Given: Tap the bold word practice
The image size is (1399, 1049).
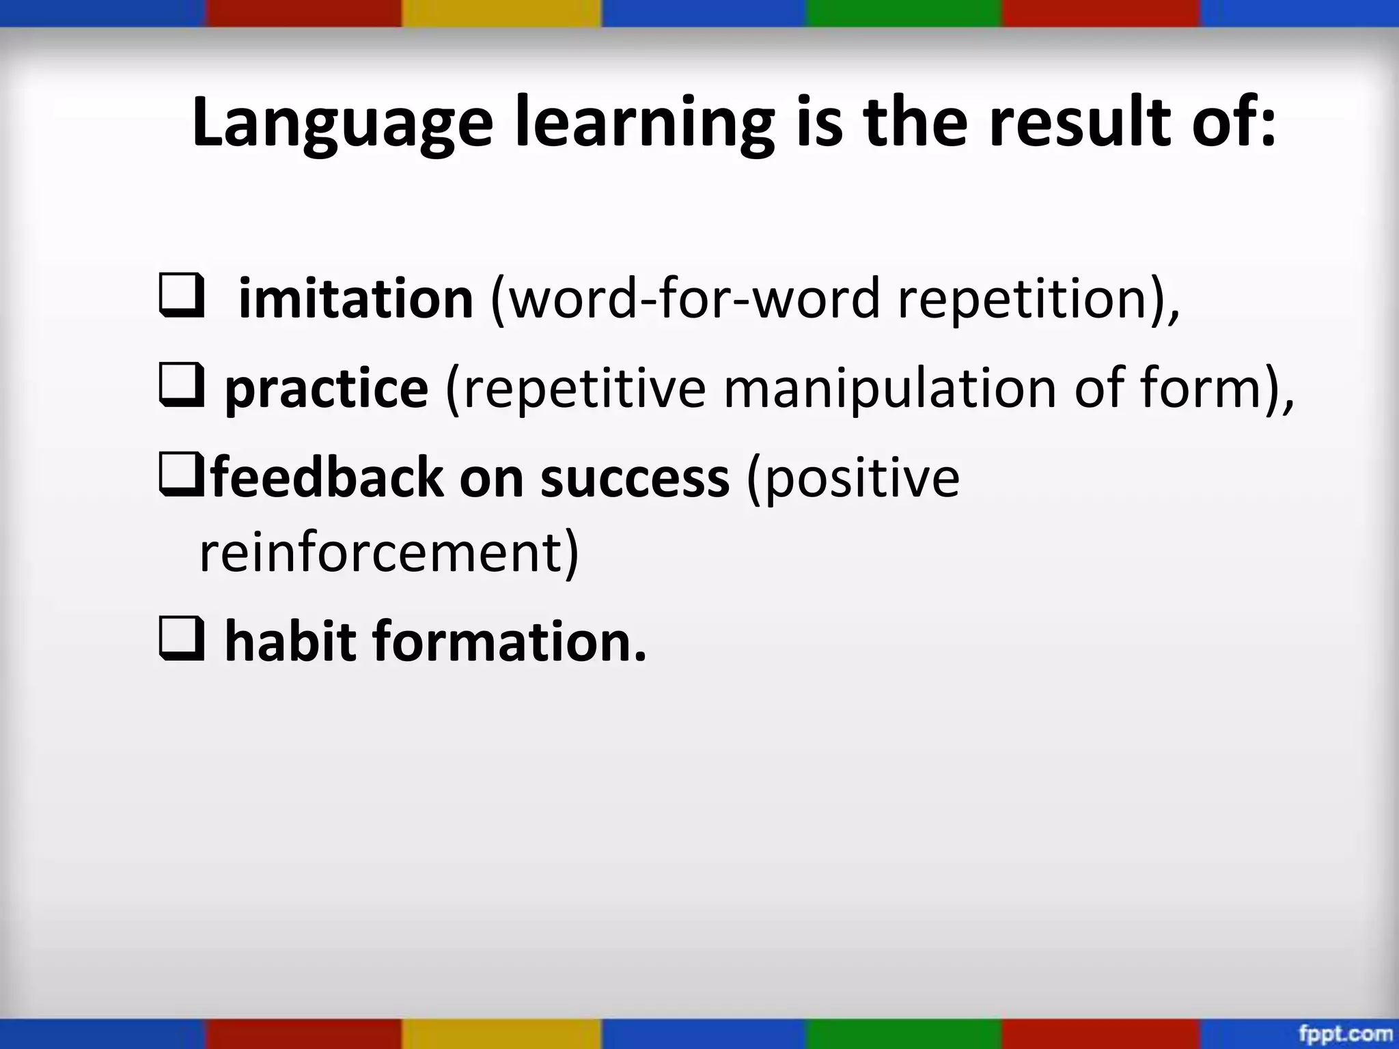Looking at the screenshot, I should click(327, 389).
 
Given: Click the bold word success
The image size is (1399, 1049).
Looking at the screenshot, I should click(635, 478).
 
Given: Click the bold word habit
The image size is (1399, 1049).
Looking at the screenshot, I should click(290, 642).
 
